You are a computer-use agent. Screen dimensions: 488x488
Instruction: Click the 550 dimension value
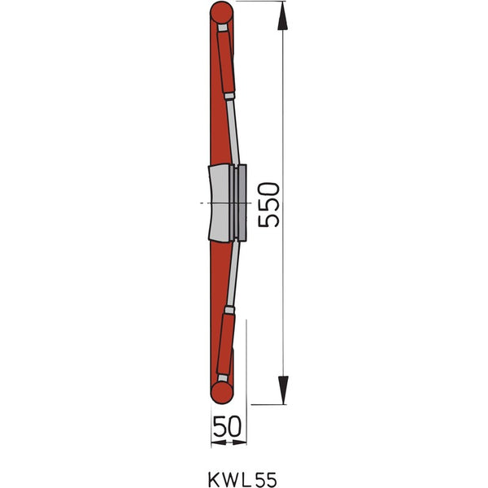point(269,205)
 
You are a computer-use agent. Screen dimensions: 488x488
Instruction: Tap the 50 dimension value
point(227,426)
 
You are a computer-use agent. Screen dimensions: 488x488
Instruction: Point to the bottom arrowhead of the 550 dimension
point(283,390)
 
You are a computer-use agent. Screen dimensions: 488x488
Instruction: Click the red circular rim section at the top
point(221,13)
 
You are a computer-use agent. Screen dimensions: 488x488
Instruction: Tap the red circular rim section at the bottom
point(221,393)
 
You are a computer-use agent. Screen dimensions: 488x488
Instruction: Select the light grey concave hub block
point(219,203)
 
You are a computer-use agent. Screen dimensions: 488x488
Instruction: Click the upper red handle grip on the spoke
point(226,63)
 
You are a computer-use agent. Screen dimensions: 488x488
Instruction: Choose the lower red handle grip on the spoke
point(225,344)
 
